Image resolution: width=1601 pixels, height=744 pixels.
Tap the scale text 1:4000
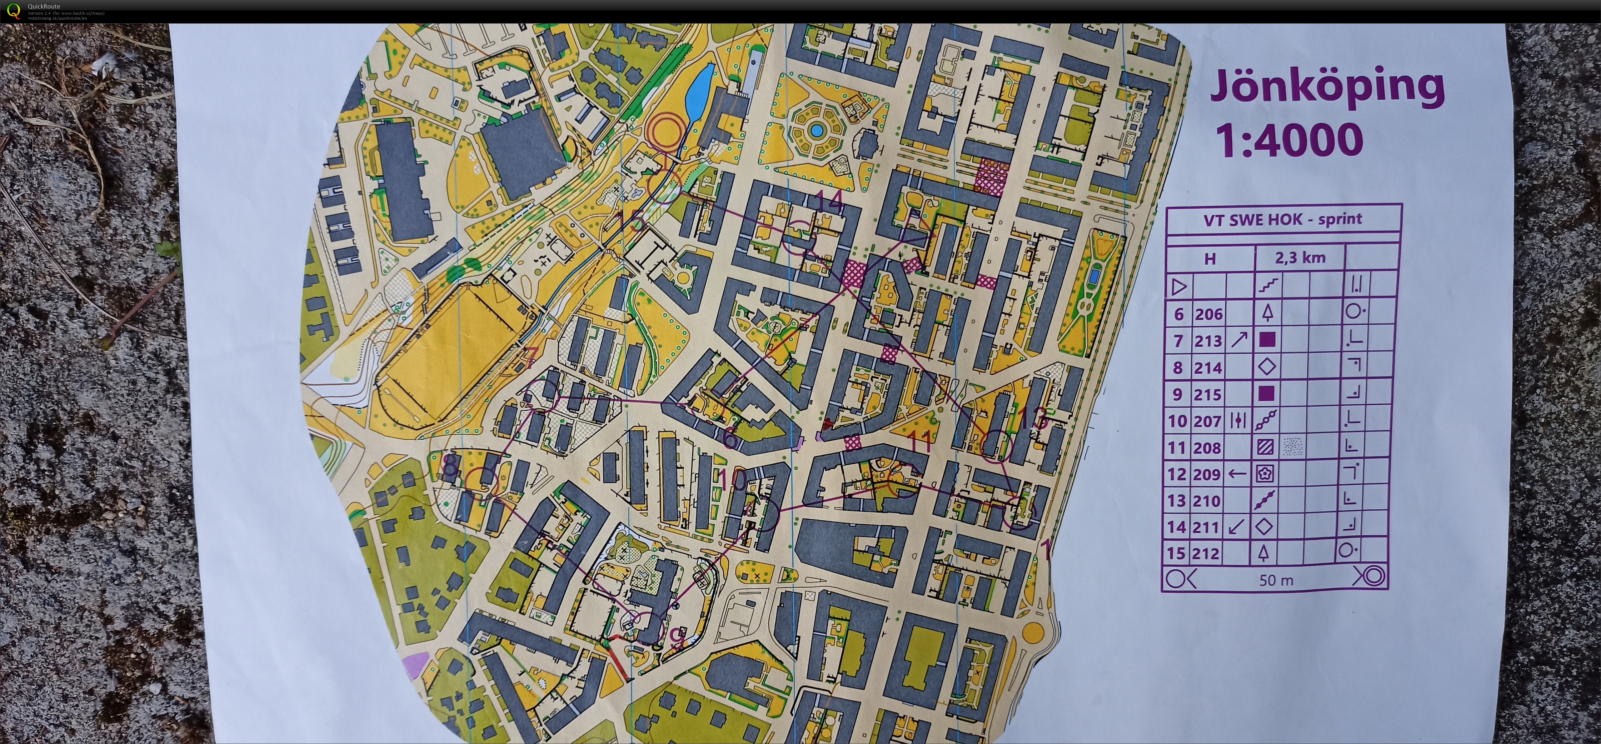1289,140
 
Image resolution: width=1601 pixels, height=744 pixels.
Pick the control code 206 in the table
1208,315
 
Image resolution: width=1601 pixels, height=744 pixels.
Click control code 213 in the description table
1208,341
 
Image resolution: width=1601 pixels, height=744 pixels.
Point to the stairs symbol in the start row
1268,286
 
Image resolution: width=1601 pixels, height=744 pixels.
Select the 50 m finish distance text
1276,580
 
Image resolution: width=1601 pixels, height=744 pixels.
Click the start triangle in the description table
1179,286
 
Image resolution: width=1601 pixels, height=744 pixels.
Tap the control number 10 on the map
733,480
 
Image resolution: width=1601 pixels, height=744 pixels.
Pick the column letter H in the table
1210,259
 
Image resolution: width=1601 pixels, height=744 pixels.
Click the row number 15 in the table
1177,553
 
